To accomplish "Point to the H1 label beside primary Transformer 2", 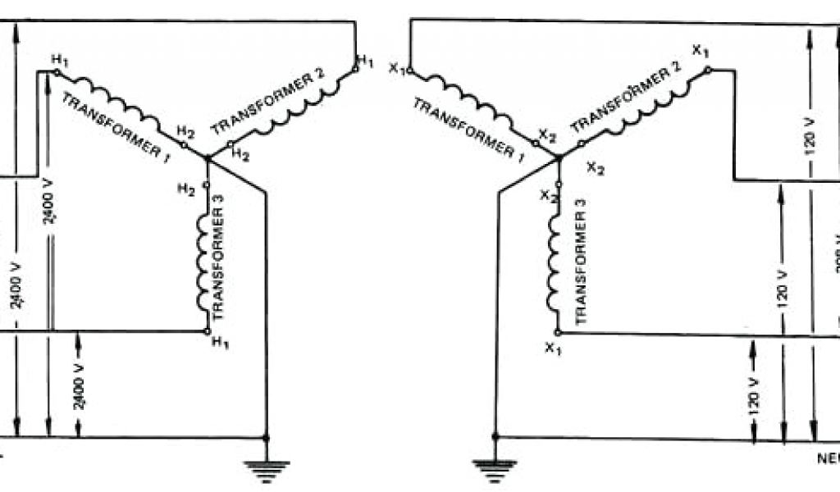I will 365,62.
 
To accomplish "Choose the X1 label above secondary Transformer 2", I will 700,52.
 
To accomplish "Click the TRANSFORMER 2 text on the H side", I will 269,102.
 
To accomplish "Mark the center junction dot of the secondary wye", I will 559,157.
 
